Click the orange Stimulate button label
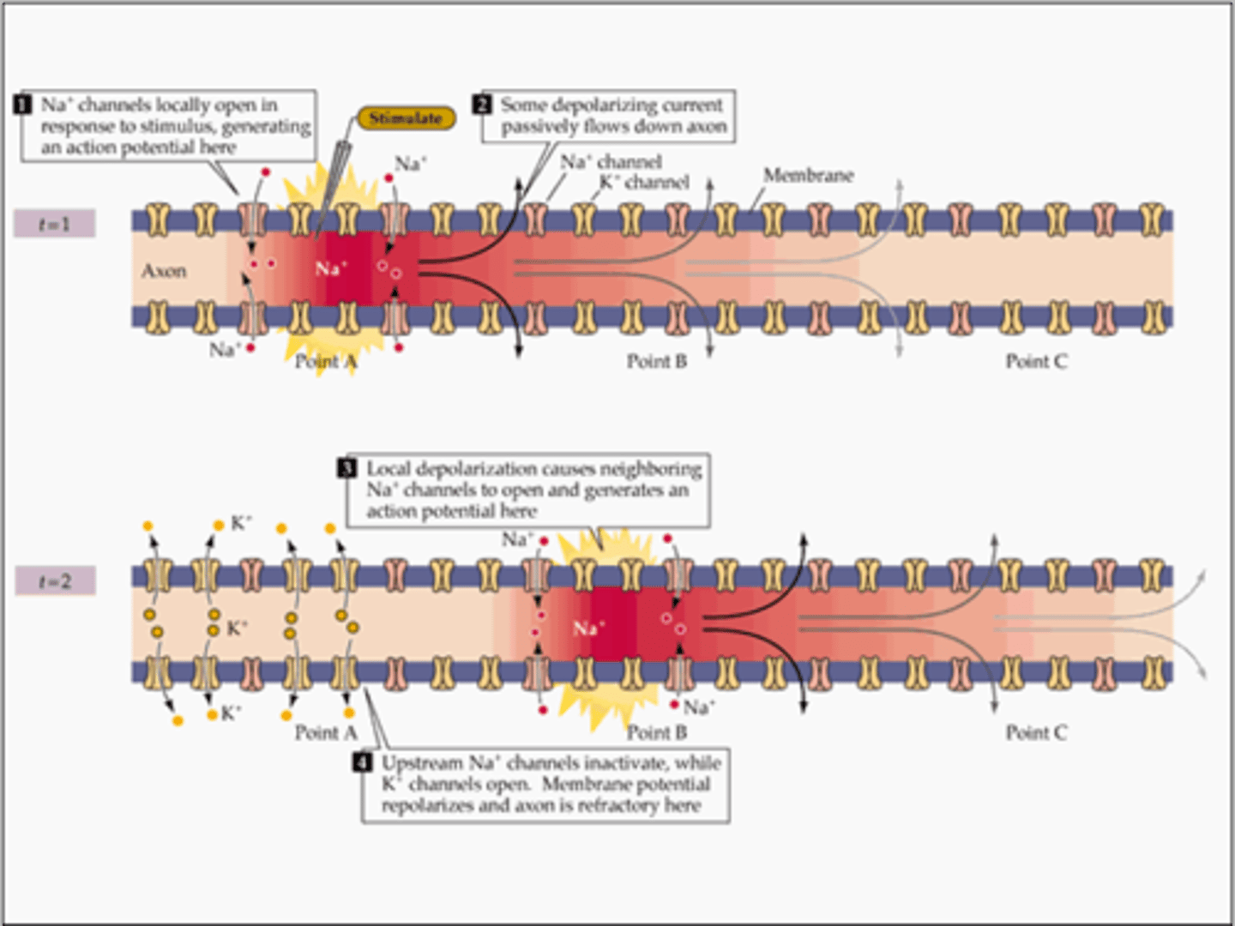[x=406, y=118]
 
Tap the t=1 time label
[x=54, y=225]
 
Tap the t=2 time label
[x=55, y=581]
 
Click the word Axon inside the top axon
[x=164, y=271]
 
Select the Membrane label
[x=808, y=176]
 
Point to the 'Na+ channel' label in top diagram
[x=611, y=161]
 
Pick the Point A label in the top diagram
[x=325, y=362]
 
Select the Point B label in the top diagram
[x=656, y=362]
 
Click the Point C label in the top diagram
[x=1036, y=362]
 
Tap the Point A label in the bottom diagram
[x=325, y=733]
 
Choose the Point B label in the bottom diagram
[x=656, y=733]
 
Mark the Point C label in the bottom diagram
[x=1036, y=733]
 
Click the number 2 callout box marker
[x=482, y=105]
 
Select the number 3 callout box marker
[x=347, y=468]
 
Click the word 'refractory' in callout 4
[x=617, y=806]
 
